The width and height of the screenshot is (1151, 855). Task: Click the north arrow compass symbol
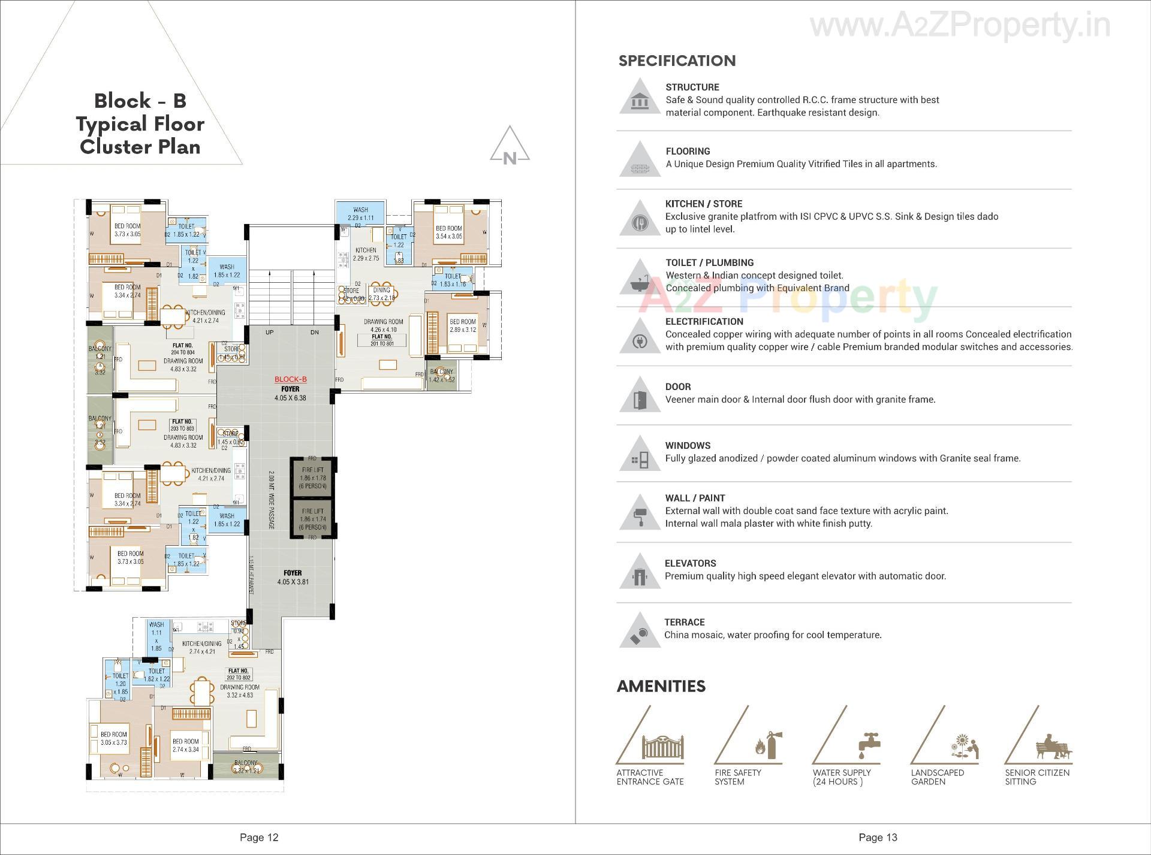[x=510, y=145]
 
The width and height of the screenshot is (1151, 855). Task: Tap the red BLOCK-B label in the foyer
[x=290, y=379]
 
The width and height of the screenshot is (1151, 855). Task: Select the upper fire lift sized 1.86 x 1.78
[x=313, y=478]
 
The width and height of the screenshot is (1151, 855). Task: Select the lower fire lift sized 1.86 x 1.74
[x=313, y=519]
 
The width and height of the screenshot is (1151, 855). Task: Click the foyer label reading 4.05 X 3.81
[x=293, y=578]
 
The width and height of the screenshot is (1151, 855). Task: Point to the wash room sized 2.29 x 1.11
[x=360, y=214]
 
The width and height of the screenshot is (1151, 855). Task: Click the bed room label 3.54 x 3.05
[x=448, y=232]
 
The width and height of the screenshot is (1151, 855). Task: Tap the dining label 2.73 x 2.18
[x=381, y=294]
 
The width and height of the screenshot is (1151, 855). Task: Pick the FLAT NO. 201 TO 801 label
[x=381, y=340]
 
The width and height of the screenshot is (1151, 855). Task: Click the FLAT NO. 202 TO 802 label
[x=238, y=674]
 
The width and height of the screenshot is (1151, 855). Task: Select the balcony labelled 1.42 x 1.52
[x=441, y=376]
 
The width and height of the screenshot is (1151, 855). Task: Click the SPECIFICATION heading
[x=677, y=61]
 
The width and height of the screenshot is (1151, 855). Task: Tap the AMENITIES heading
[x=661, y=686]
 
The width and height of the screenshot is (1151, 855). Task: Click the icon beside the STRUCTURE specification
[x=640, y=99]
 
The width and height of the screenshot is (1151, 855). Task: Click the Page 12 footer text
[x=259, y=838]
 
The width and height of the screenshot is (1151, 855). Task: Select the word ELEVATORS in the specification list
[x=690, y=563]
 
